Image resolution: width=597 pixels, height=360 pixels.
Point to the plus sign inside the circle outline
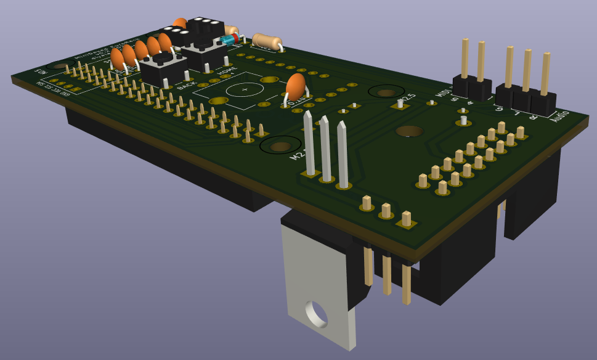pyautogui.click(x=245, y=89)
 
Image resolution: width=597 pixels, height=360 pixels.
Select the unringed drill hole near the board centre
pyautogui.click(x=409, y=131)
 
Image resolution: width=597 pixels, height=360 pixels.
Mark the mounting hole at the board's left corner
pyautogui.click(x=59, y=65)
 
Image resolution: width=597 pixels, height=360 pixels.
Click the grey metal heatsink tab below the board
pyautogui.click(x=320, y=290)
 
